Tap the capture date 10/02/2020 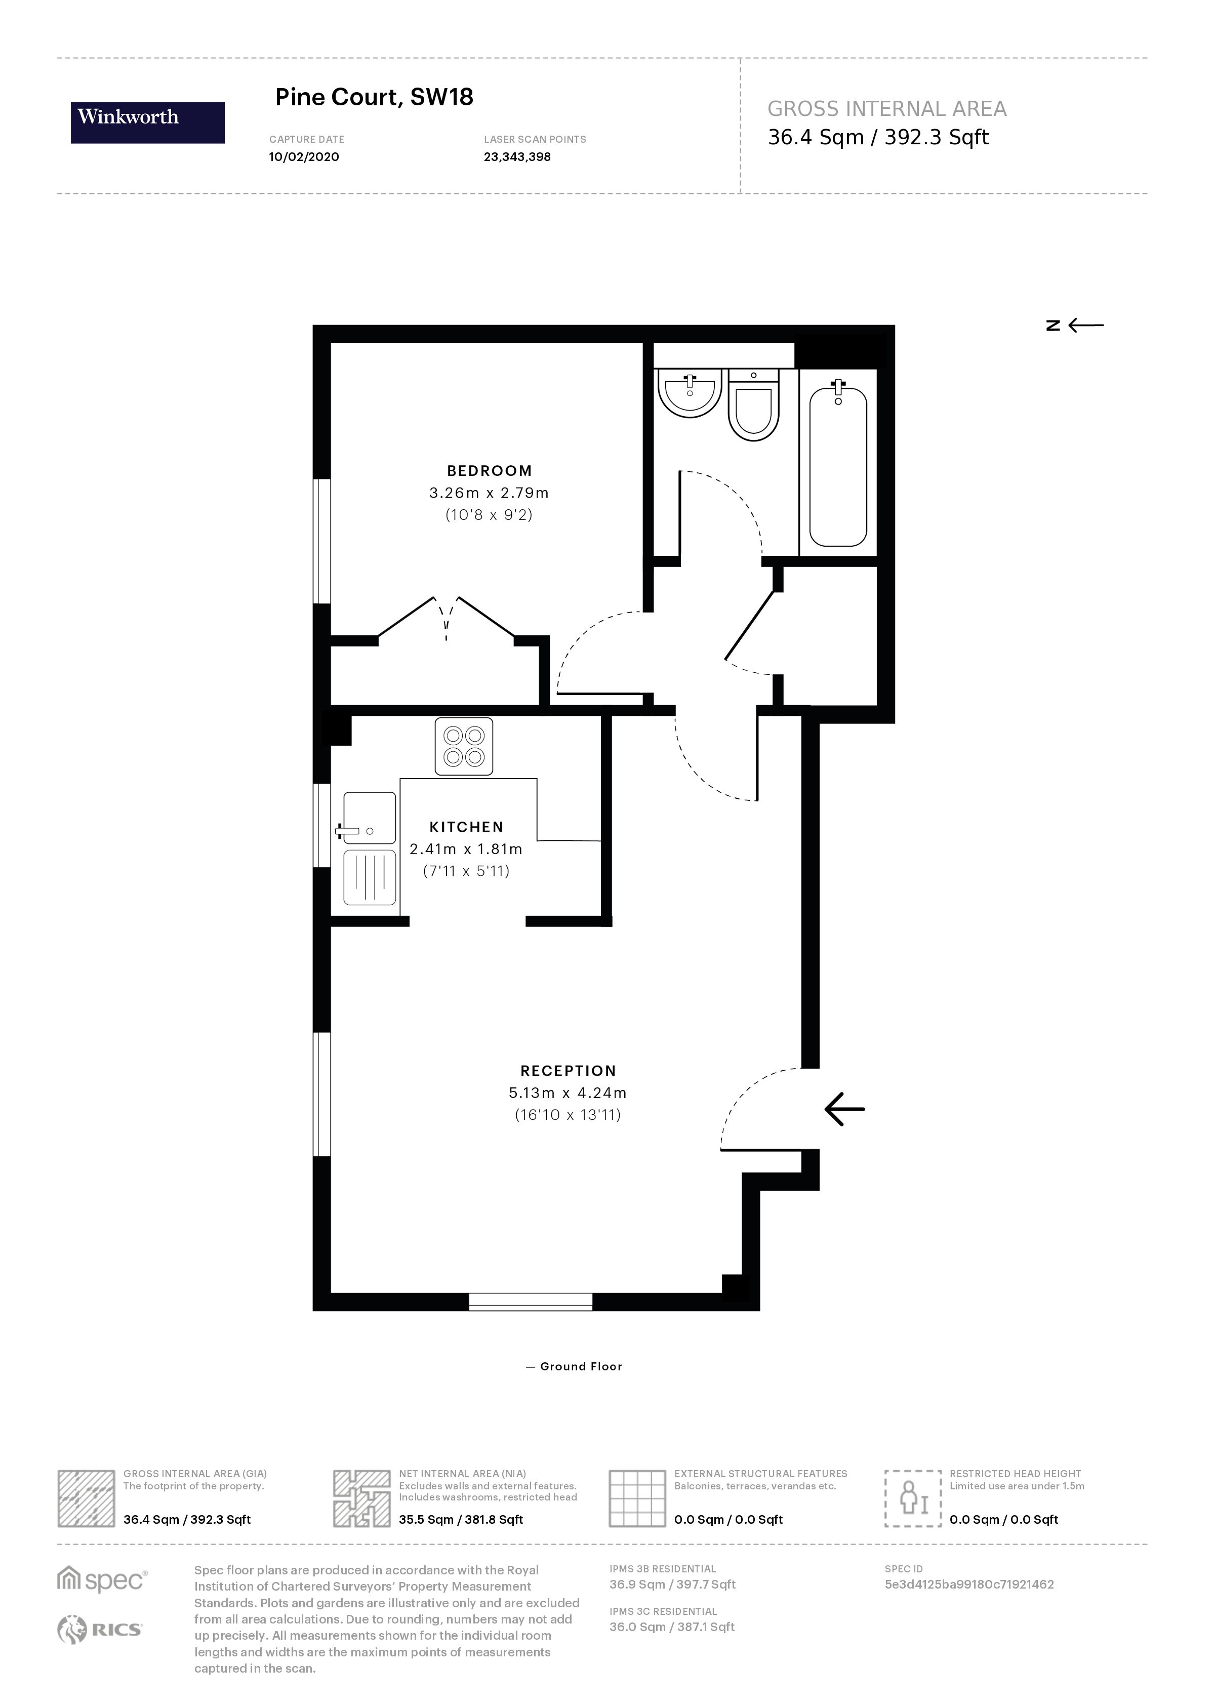coord(303,157)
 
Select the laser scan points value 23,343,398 coord(517,157)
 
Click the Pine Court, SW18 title coord(374,97)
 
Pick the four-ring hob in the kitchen coord(464,746)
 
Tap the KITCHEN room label coord(466,827)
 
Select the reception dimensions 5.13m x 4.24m coord(567,1092)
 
